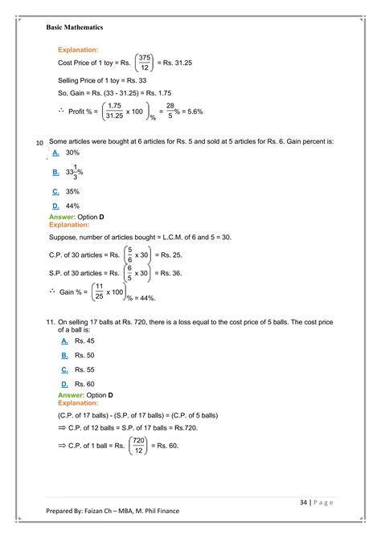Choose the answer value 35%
[x=73, y=192]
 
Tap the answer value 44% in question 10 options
[x=73, y=206]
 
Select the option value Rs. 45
[x=84, y=340]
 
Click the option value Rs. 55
[x=84, y=369]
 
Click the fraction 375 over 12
[x=145, y=63]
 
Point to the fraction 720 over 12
[x=137, y=445]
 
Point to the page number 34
[x=303, y=503]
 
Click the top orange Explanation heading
[x=78, y=50]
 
